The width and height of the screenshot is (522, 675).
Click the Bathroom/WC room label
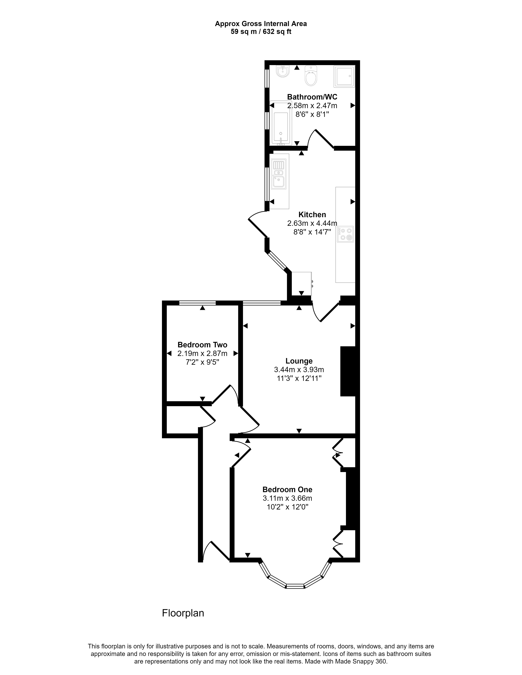(x=312, y=97)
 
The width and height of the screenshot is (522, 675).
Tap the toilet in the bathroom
(x=311, y=76)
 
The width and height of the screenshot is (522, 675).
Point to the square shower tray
(x=344, y=76)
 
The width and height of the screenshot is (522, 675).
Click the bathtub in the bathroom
(x=281, y=123)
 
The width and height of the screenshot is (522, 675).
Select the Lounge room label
(x=299, y=361)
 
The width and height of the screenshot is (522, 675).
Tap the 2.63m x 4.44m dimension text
(x=312, y=223)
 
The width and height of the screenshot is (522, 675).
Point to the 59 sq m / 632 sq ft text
(x=261, y=32)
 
